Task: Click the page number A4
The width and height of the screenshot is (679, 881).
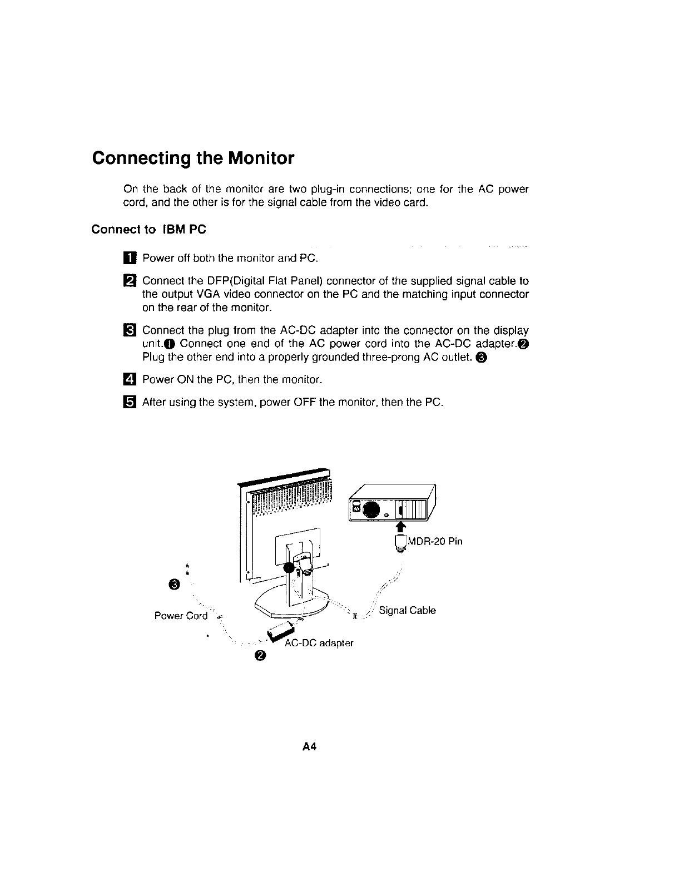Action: click(309, 747)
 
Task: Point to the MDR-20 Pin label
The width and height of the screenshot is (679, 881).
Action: click(435, 541)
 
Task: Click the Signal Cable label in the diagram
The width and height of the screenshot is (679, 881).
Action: click(407, 610)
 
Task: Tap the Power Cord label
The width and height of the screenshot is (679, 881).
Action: click(181, 616)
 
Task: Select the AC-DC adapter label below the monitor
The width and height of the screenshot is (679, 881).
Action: click(319, 643)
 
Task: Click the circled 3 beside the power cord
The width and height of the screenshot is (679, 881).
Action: click(175, 584)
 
